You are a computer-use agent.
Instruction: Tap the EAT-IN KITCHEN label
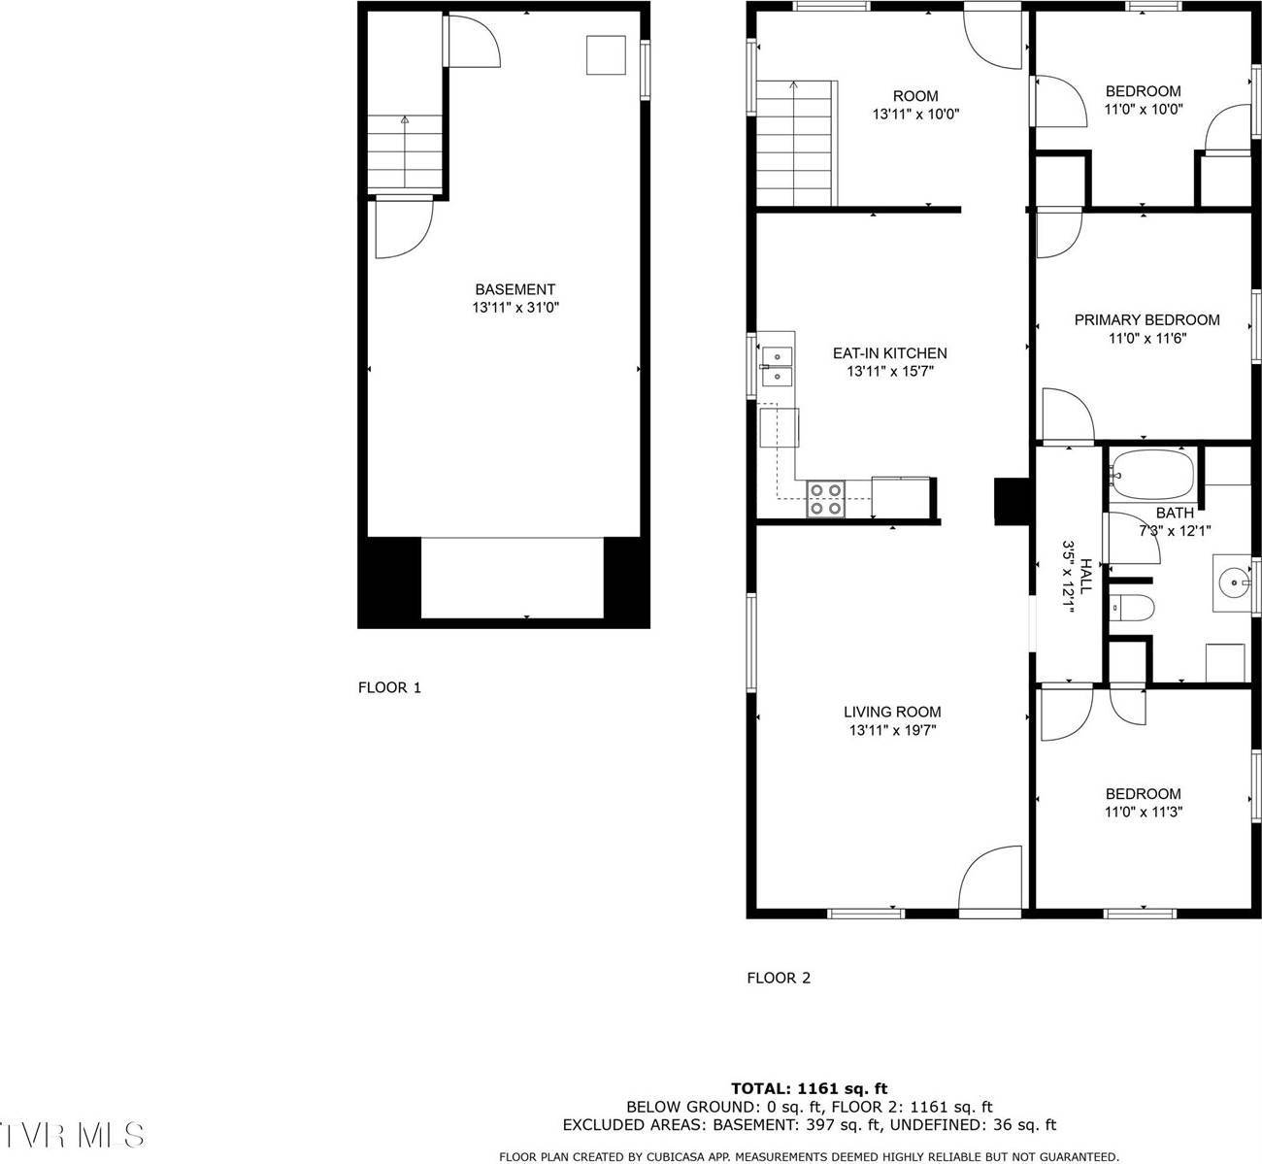click(x=889, y=353)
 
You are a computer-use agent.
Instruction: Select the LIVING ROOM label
click(x=891, y=712)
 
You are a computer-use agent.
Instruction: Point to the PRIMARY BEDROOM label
click(x=1146, y=319)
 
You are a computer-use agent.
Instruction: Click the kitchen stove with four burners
click(x=826, y=499)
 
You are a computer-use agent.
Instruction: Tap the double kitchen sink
click(x=777, y=367)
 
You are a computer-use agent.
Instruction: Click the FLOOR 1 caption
click(x=389, y=687)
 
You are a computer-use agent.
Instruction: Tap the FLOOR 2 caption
click(x=778, y=978)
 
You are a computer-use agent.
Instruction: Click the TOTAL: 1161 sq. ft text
click(x=809, y=1088)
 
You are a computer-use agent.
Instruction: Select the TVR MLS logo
click(x=73, y=1134)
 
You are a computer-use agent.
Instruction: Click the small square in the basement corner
click(x=606, y=55)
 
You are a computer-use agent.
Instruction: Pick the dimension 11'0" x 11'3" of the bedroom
click(x=1143, y=812)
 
